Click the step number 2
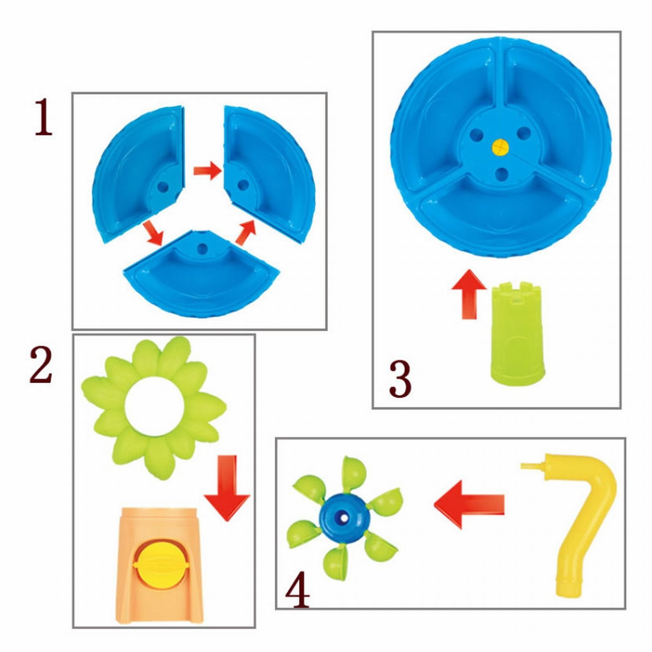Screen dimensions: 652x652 pos(41,365)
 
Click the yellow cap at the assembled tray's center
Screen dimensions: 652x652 pos(500,147)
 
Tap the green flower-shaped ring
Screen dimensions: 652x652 pos(154,407)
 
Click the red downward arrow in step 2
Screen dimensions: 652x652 pos(227,488)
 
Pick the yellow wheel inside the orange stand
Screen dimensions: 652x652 pos(161,564)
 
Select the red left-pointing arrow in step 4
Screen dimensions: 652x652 pos(469,504)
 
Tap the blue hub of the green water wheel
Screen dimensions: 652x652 pos(345,518)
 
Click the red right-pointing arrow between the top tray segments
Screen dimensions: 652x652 pos(207,170)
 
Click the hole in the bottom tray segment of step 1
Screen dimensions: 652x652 pos(202,249)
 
